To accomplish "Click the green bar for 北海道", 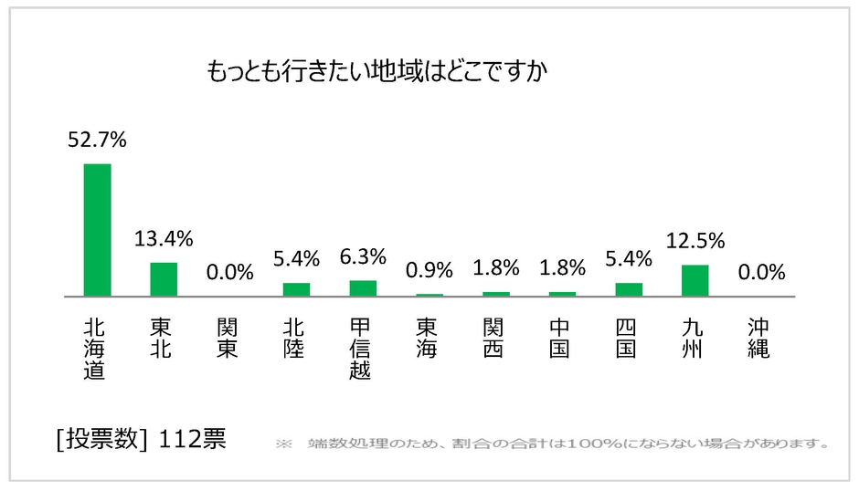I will click(97, 230).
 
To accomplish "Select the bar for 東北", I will click(164, 279).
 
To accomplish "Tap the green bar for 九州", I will click(695, 281).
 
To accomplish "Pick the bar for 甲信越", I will click(363, 288).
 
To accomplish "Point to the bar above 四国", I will click(629, 289).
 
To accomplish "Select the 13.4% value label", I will click(164, 239).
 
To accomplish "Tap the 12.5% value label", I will click(695, 241).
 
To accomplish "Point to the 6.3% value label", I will click(363, 257).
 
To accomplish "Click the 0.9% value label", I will click(429, 270).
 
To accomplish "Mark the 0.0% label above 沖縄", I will click(762, 273).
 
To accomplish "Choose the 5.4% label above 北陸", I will click(296, 259).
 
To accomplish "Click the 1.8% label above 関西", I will click(496, 268).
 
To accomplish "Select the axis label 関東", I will click(228, 338).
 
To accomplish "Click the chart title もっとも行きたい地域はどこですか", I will click(376, 71).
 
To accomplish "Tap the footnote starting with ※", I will click(552, 444).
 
